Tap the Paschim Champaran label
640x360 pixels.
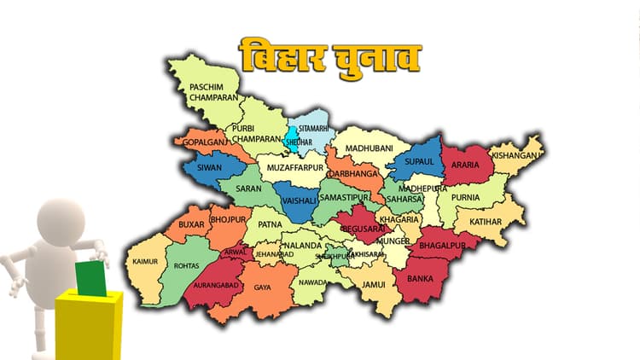[x=212, y=92]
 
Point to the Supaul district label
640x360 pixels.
[x=419, y=161]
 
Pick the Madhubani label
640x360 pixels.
[x=368, y=147]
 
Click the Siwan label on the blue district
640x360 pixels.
[x=208, y=167]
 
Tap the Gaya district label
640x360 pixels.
[x=262, y=288]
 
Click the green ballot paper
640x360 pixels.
[x=90, y=278]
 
